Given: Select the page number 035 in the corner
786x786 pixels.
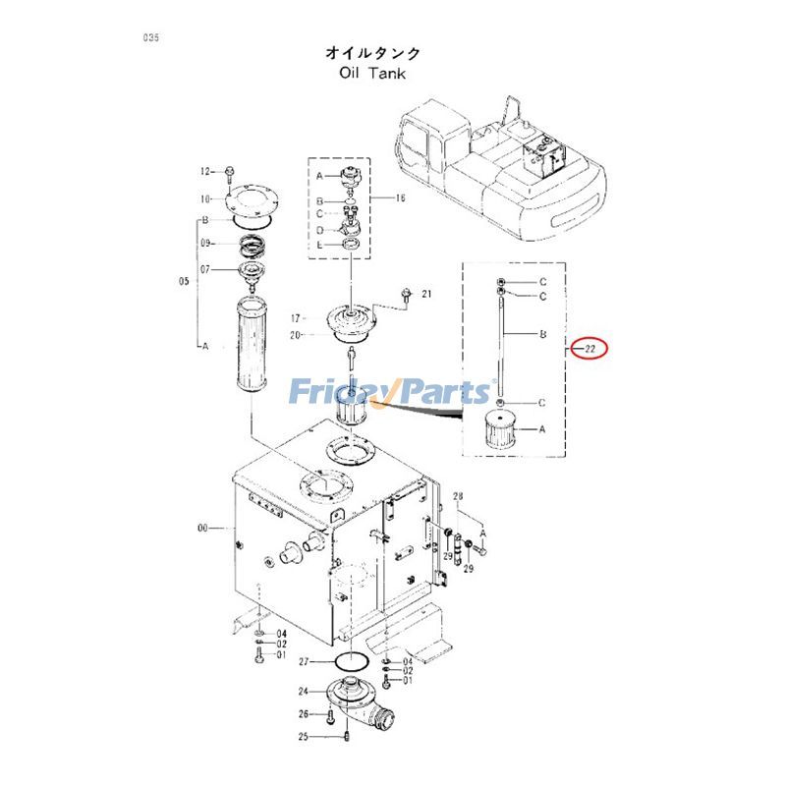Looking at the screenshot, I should [150, 38].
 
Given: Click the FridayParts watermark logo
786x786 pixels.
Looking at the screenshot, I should [391, 393].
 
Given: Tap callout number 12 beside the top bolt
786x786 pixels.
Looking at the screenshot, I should [206, 171].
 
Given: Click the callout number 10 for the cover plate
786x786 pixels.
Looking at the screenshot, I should [206, 197].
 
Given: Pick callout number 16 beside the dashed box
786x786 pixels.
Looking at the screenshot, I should [400, 198].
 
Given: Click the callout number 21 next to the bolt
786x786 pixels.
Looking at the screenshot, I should [426, 294].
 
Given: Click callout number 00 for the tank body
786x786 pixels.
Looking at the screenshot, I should [203, 528].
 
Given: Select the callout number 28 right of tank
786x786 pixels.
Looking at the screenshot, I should [457, 501].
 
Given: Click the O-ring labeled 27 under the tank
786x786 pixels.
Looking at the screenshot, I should [350, 661].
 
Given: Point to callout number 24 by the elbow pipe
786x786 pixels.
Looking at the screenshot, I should [304, 691].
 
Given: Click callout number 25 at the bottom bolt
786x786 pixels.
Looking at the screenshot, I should [304, 736].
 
